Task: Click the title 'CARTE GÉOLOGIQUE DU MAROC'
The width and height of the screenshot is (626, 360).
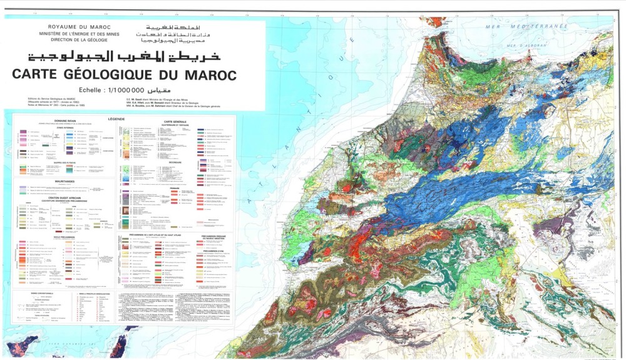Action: pos(124,75)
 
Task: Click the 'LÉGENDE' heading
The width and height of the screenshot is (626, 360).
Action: pos(116,118)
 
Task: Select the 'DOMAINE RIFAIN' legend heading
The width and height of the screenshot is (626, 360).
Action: pos(64,123)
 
